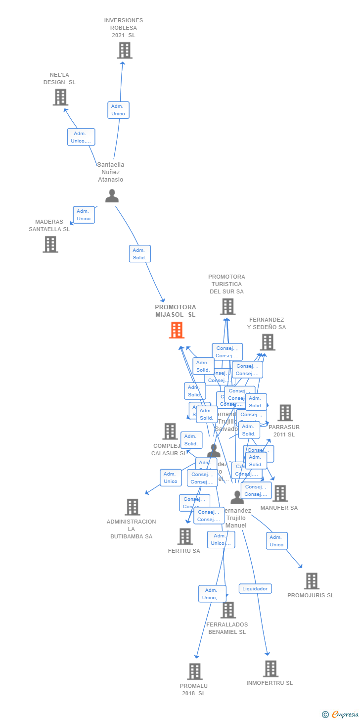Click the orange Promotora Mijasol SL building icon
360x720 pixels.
click(x=177, y=330)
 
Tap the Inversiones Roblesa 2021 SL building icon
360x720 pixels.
click(x=125, y=50)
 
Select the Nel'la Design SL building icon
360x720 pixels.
click(x=60, y=97)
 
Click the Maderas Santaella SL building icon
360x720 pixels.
click(x=50, y=244)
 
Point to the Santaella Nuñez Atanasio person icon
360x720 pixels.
click(x=112, y=196)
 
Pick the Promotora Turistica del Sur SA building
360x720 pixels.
click(x=227, y=307)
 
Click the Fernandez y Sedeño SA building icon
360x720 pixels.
click(x=268, y=342)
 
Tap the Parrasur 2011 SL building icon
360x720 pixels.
click(x=285, y=413)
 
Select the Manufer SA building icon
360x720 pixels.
click(x=280, y=493)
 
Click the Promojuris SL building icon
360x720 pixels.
click(x=312, y=581)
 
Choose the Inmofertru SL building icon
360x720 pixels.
click(x=270, y=669)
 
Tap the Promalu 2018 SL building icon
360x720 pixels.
click(x=195, y=672)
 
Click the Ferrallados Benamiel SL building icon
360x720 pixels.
click(x=228, y=610)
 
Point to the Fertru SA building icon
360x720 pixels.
click(x=185, y=536)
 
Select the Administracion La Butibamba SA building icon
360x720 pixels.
click(x=132, y=507)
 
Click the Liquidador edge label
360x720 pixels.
click(x=255, y=589)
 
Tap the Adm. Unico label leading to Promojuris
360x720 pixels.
click(x=276, y=541)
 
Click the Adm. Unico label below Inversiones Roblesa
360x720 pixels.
click(x=118, y=110)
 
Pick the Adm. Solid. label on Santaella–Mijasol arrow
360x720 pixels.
click(x=139, y=254)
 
